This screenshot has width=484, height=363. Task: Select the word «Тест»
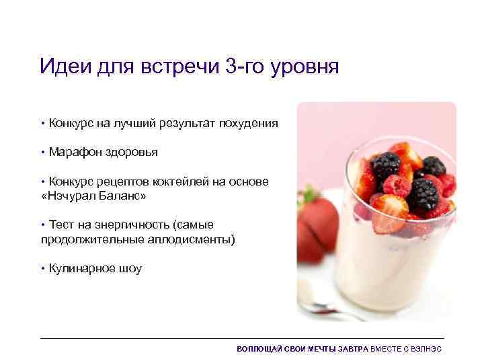click(60, 225)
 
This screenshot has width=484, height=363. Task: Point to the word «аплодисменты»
click(196, 239)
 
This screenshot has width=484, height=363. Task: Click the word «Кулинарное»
click(81, 268)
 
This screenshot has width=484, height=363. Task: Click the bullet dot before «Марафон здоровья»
click(42, 152)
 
